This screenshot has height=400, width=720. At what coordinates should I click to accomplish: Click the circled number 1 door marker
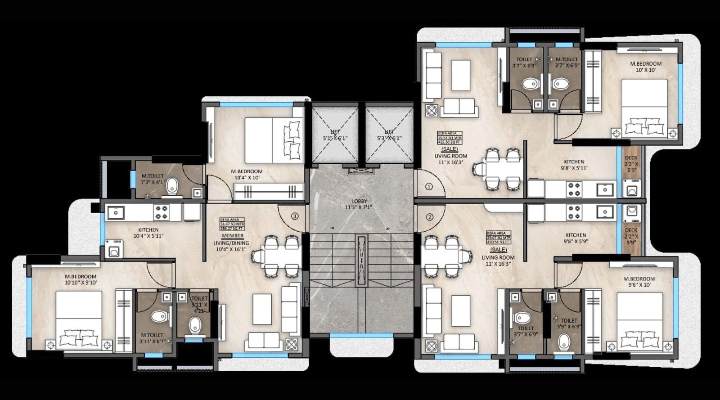tap(428, 186)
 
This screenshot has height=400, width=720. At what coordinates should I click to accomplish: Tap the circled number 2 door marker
tap(429, 217)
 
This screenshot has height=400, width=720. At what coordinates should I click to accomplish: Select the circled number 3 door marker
tap(294, 216)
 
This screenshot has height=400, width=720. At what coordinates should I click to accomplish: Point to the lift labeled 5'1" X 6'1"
tap(335, 135)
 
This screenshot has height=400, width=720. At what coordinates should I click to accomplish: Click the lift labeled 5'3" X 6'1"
tap(389, 135)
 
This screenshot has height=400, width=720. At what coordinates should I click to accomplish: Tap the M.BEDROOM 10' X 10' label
tap(645, 67)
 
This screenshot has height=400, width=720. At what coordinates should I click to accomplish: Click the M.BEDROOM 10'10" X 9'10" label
tap(81, 279)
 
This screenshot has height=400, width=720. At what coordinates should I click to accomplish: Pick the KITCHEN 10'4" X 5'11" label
tap(148, 233)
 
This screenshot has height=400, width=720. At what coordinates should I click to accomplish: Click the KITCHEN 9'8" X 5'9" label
tap(576, 238)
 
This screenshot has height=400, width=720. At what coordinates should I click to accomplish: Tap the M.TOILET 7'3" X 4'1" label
tap(153, 179)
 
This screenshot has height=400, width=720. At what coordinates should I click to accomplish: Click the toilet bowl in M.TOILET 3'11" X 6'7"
tap(158, 316)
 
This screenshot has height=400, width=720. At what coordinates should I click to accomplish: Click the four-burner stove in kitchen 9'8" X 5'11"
tap(574, 189)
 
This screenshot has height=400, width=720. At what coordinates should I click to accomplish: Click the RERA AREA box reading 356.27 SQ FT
tap(232, 224)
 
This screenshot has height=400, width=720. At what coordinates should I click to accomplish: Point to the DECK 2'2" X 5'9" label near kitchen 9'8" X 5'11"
tap(631, 164)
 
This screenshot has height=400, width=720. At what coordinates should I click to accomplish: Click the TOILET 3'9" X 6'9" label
tap(569, 324)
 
